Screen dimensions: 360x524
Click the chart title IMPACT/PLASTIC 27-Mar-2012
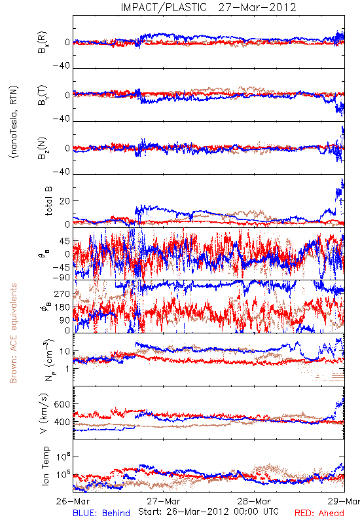point(208,7)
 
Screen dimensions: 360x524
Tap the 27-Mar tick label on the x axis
point(163,501)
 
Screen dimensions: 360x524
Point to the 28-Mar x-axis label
point(254,501)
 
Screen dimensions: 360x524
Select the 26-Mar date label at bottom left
point(73,501)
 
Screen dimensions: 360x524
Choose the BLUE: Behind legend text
point(101,513)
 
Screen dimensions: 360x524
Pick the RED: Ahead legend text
point(319,513)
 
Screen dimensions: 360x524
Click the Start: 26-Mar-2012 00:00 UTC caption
point(208,512)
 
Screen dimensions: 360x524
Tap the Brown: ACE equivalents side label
point(13,333)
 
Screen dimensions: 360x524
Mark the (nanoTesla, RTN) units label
point(14,122)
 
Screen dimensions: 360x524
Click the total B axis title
point(48,201)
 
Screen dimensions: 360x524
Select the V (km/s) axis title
point(44,413)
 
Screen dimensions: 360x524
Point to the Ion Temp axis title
point(45,466)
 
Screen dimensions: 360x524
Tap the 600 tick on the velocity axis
point(62,404)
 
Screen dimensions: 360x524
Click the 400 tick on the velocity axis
point(62,422)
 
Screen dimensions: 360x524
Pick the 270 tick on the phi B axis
point(62,293)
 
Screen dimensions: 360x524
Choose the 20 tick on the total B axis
point(65,201)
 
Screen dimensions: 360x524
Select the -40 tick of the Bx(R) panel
point(61,66)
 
